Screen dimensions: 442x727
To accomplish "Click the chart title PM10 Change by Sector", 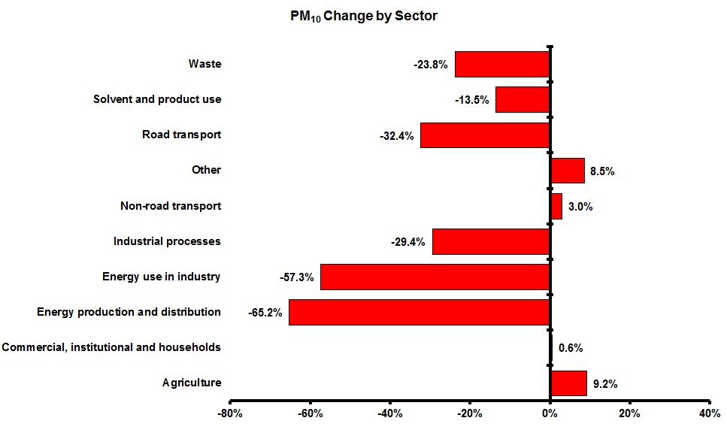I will pos(363,16).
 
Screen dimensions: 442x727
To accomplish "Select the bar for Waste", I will pos(502,65).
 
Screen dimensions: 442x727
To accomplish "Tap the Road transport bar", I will pos(485,135).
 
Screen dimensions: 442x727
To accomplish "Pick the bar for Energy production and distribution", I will pos(420,312).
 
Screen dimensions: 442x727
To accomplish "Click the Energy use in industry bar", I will pos(435,277).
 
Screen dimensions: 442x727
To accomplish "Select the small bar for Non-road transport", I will pos(556,206).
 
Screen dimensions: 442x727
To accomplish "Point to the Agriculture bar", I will pos(568,383).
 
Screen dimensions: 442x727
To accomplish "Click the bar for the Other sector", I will pos(568,171).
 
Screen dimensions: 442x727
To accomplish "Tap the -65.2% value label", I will pos(265,313).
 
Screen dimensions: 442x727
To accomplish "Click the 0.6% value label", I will pos(571,348).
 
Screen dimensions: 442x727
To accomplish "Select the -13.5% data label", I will pos(472,100).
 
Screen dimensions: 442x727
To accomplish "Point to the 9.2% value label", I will pos(605,384).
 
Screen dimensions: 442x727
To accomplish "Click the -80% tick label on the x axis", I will pos(229,414).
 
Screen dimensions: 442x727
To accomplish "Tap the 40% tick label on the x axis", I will pos(709,414).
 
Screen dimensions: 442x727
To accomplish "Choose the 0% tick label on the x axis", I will pos(550,414).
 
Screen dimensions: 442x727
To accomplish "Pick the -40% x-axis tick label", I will pos(389,414).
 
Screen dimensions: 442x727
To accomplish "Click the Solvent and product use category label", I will pos(157,99).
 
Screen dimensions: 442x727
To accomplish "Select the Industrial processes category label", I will pos(167,241).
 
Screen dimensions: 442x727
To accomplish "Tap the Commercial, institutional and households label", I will pos(111,347).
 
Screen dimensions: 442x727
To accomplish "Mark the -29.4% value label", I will pos(408,242).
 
